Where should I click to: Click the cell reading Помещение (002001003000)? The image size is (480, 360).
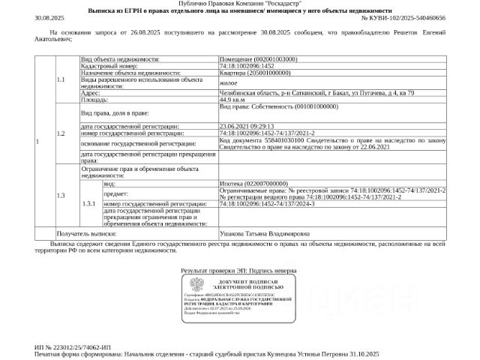pyautogui.click(x=257, y=58)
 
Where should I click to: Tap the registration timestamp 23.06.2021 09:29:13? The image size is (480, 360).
pyautogui.click(x=247, y=126)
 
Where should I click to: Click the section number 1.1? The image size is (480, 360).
pyautogui.click(x=61, y=79)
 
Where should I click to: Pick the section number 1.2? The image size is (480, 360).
pyautogui.click(x=61, y=133)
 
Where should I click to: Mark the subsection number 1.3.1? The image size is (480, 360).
pyautogui.click(x=89, y=204)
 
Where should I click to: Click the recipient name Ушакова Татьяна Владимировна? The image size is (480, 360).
pyautogui.click(x=261, y=234)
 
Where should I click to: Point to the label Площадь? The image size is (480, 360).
pyautogui.click(x=95, y=98)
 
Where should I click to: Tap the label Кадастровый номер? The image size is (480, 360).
pyautogui.click(x=108, y=65)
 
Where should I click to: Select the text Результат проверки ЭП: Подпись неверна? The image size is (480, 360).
pyautogui.click(x=238, y=269)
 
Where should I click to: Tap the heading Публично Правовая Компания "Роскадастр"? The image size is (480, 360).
pyautogui.click(x=240, y=4)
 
